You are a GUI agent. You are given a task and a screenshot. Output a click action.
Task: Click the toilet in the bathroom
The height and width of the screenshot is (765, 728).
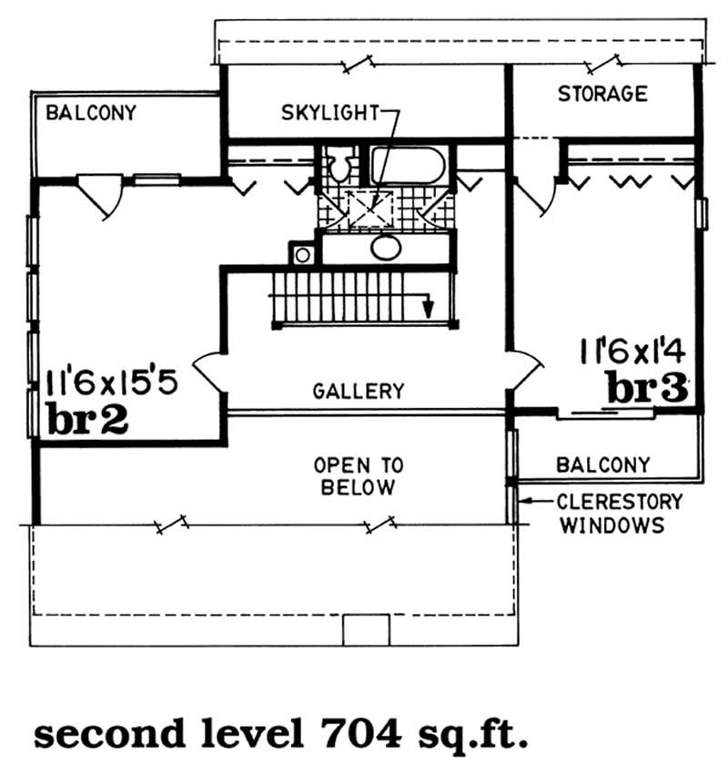339,167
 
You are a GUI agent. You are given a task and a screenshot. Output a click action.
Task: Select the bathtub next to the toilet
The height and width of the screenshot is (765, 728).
407,167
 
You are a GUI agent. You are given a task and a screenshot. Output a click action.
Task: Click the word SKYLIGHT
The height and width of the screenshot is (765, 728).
329,114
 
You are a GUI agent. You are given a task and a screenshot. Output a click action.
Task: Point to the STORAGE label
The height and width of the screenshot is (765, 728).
602,94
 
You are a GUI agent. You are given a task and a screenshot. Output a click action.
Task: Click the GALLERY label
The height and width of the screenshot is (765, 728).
358,392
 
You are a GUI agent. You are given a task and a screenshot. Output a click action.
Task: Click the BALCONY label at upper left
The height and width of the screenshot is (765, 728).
91,113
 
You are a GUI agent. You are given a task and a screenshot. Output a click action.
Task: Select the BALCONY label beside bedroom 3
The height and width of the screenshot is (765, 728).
602,464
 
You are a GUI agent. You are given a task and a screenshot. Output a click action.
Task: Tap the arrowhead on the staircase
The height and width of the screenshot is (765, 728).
426,308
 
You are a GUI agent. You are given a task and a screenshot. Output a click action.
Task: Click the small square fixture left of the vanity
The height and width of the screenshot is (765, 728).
301,252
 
